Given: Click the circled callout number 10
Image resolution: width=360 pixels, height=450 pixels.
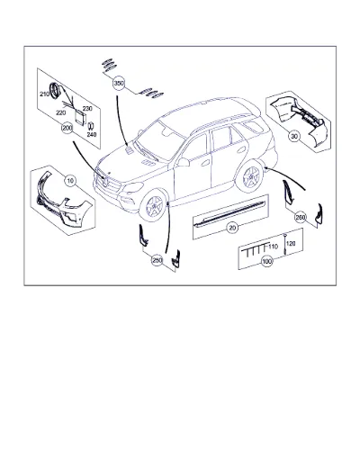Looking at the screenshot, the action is tap(70, 181).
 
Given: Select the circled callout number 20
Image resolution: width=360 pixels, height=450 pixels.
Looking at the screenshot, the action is tap(232, 228).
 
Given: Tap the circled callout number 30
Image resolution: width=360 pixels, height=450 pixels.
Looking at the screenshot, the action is tap(294, 136).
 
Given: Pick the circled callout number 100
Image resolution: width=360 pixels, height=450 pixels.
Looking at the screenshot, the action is tap(266, 261).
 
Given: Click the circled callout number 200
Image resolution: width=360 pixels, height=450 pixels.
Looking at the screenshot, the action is tap(67, 128).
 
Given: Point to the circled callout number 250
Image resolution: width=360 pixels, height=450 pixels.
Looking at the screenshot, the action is tap(157, 260).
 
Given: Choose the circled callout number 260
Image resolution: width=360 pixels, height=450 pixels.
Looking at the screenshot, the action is tap(301, 217).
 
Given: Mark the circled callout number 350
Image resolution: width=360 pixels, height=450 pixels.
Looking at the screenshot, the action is tap(119, 84).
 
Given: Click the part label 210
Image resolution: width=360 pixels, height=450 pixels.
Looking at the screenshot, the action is tap(44, 94).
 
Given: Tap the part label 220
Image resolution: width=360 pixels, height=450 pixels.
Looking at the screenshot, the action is tap(61, 112).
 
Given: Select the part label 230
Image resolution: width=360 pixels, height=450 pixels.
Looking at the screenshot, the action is tap(87, 109).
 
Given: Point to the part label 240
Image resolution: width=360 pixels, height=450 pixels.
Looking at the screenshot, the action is tap(92, 135).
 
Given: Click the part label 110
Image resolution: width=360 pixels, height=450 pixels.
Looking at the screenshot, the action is tap(274, 247).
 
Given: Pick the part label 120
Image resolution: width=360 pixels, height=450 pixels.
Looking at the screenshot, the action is tap(291, 243).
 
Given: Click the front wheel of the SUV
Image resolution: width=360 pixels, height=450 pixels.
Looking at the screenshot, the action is tap(154, 205).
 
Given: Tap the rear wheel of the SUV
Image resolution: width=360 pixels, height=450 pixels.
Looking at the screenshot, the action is tap(249, 177).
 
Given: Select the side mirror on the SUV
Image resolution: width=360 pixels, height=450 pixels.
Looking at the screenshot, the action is tap(183, 162).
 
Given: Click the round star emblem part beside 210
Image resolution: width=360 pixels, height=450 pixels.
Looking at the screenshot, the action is tap(56, 90).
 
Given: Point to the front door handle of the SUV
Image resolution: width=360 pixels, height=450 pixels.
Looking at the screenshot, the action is tap(206, 164).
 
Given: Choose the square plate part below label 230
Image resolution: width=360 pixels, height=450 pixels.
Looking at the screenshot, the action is tap(79, 118).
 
